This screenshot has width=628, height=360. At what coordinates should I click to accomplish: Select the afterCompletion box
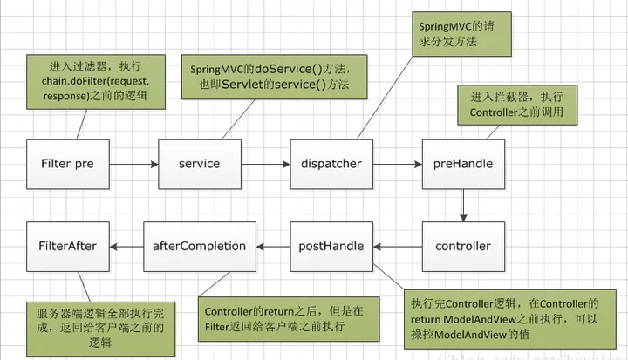tap(200, 247)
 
